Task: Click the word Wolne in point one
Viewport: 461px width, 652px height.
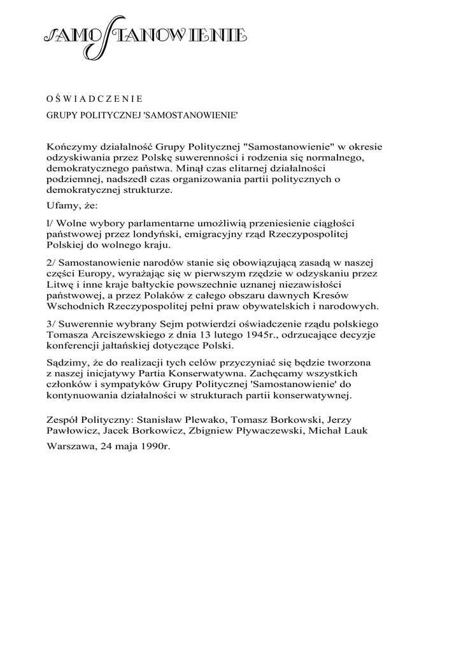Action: pos(73,223)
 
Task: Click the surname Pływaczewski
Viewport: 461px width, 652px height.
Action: pos(276,430)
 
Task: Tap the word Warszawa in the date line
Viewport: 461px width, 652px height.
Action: pos(71,447)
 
